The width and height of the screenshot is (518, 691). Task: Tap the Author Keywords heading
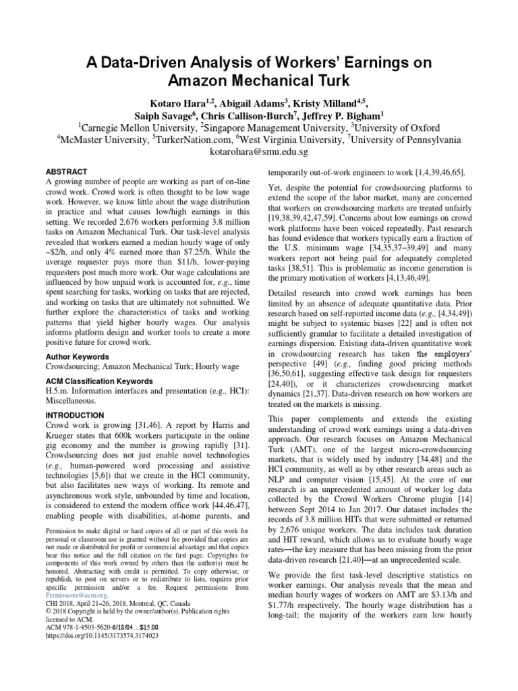[78, 356]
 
